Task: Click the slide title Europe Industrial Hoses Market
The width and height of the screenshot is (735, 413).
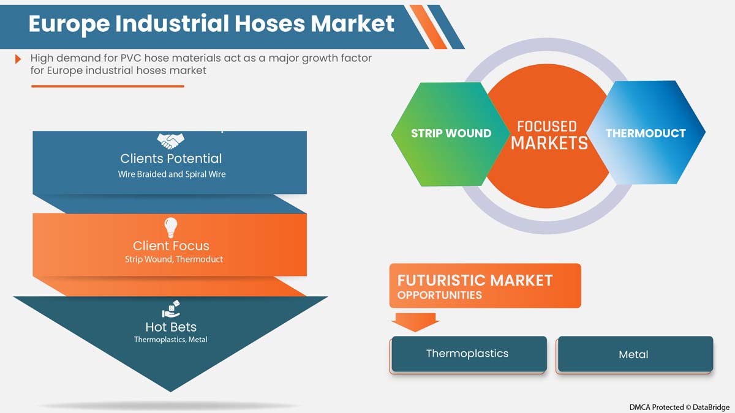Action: (x=211, y=24)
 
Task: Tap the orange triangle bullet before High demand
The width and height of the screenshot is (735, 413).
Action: (x=18, y=59)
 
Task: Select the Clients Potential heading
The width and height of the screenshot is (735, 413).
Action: (x=171, y=158)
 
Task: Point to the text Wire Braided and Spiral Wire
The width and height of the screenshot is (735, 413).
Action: (x=171, y=174)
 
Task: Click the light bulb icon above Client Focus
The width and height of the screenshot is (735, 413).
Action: (x=171, y=228)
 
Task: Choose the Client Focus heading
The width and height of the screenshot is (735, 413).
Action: (x=171, y=246)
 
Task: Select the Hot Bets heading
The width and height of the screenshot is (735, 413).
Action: (x=171, y=327)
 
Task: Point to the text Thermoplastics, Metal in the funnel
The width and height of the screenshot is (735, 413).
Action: (x=171, y=340)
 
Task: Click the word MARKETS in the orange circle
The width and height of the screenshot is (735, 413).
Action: (x=549, y=144)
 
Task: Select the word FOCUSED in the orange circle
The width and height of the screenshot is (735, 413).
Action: (x=547, y=127)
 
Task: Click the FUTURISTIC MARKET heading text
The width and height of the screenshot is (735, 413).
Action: (x=475, y=281)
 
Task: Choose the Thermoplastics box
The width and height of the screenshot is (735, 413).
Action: (x=468, y=354)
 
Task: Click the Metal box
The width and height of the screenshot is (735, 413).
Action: (x=634, y=354)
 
